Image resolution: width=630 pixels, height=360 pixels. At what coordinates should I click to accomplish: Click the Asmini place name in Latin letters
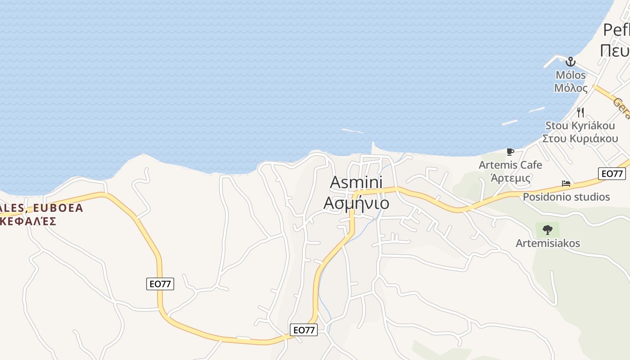point(356,182)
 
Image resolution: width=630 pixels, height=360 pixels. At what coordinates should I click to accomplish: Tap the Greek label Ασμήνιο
point(356,203)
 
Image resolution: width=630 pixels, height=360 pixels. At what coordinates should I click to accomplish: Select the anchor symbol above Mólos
point(571,62)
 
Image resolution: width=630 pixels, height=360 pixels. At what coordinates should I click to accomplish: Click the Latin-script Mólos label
point(571,75)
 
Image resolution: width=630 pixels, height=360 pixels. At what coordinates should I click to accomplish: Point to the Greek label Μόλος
point(571,88)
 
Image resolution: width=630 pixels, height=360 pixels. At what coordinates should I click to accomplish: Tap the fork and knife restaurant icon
point(580,112)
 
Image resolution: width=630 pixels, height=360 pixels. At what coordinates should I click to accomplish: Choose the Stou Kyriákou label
point(580,126)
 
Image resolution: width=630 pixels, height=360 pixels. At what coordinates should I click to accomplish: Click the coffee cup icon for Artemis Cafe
point(510,152)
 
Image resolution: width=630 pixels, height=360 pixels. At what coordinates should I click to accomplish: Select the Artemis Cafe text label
point(510,165)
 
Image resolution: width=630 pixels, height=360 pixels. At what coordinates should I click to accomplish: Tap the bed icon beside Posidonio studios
point(566,184)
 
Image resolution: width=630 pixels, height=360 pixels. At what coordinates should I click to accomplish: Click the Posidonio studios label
point(566,197)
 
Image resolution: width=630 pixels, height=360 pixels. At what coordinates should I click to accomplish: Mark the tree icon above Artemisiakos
point(548,230)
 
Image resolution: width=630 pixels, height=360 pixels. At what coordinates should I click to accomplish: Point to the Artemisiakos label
point(548,243)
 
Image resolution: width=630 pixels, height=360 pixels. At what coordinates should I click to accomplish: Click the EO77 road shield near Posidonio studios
point(612,174)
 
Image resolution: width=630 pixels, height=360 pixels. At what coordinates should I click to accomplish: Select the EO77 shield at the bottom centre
point(304,330)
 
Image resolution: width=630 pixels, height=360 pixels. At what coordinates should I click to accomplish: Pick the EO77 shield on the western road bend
point(160,283)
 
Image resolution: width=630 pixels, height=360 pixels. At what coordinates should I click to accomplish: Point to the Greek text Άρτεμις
point(510,178)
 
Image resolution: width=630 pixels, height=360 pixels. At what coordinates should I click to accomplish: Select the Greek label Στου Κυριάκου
point(580,139)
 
